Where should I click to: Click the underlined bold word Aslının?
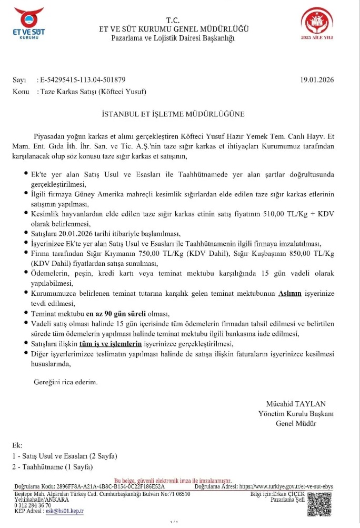[289, 293]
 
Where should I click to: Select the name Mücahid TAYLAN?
[299, 404]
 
